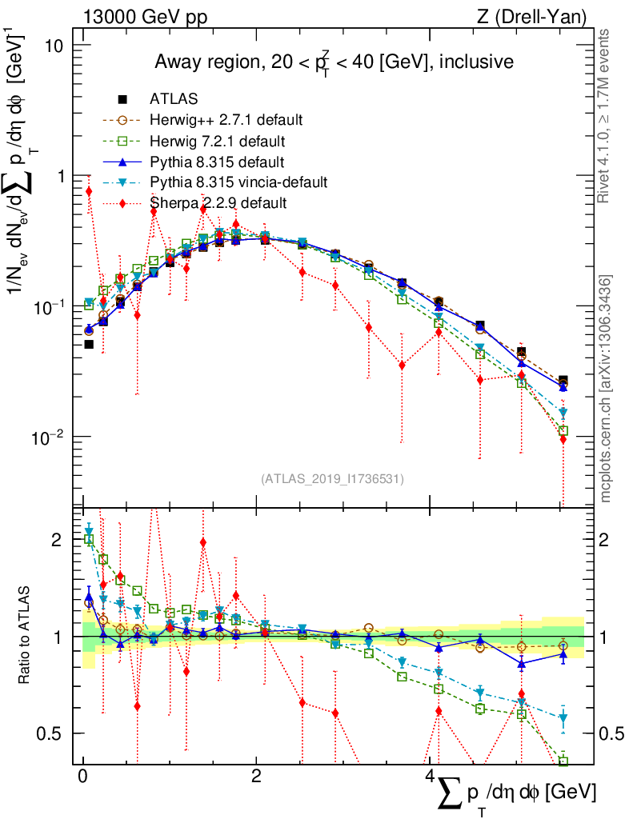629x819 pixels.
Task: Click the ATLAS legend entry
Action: click(174, 99)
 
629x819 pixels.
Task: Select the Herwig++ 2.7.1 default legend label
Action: click(226, 120)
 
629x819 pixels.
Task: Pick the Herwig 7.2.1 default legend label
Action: click(219, 141)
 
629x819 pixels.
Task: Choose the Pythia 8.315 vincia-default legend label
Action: click(238, 182)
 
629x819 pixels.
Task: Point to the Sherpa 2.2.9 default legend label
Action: click(218, 203)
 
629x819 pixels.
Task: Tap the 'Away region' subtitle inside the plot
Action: click(334, 62)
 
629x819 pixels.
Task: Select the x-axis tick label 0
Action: click(82, 777)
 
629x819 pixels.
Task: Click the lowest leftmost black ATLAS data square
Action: click(89, 345)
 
